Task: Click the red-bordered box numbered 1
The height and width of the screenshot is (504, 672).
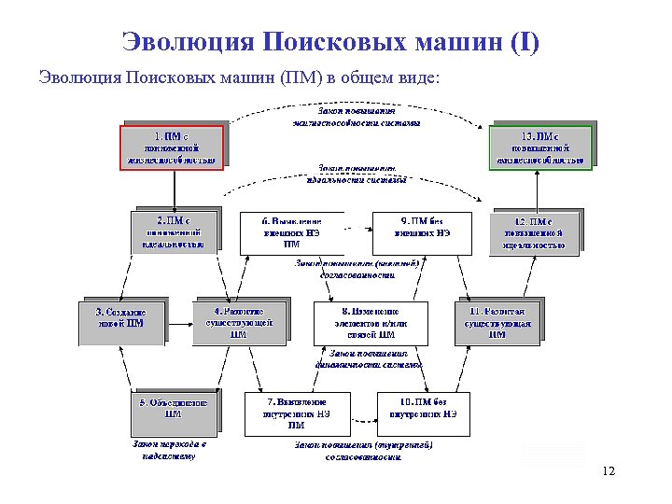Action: click(172, 146)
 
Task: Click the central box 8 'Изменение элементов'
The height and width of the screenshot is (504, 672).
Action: click(370, 323)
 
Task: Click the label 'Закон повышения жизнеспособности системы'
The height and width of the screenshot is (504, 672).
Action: click(356, 117)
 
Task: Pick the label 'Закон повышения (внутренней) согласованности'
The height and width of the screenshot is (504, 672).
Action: click(363, 451)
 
